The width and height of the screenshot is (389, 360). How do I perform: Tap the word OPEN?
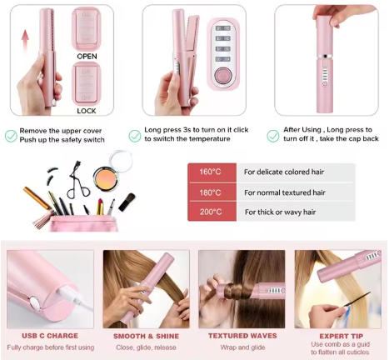(87, 56)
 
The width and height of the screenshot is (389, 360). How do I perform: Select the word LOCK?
(87, 110)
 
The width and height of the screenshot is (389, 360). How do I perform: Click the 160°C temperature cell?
(210, 172)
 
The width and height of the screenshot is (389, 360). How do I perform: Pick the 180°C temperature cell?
(210, 192)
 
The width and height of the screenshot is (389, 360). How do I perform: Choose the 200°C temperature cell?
(210, 212)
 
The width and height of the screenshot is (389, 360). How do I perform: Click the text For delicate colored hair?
(282, 172)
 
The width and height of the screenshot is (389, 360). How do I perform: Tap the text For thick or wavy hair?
(279, 212)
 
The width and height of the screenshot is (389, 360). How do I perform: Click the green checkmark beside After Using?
(271, 134)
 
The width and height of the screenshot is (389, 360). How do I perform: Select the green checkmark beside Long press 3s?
(135, 134)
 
